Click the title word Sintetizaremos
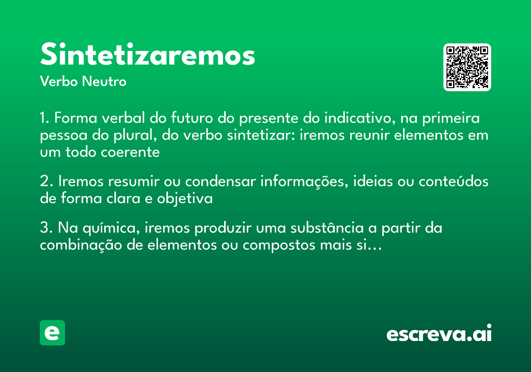pyautogui.click(x=147, y=55)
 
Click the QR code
pyautogui.click(x=467, y=67)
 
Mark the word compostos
pyautogui.click(x=273, y=246)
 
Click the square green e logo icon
pyautogui.click(x=52, y=333)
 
